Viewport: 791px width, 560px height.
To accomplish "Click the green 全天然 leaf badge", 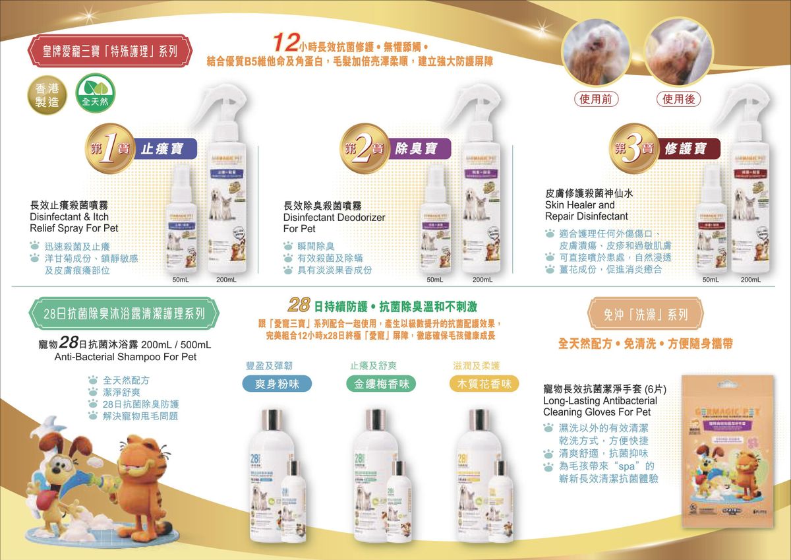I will click(x=95, y=94).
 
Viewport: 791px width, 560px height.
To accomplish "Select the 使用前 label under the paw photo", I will click(x=596, y=100).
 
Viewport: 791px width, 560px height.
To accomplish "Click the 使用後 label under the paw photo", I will click(x=678, y=100).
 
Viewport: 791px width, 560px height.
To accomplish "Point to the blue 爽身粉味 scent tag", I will click(x=274, y=384).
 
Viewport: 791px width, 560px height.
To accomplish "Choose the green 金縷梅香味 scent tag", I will click(x=381, y=384).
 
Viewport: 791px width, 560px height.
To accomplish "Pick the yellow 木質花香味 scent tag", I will click(x=484, y=384).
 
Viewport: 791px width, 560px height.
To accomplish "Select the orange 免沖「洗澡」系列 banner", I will click(x=645, y=314).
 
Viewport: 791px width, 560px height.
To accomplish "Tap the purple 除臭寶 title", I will click(x=419, y=148).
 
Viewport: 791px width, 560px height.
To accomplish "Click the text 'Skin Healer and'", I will click(x=579, y=205).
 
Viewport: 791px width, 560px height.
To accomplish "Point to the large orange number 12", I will click(x=286, y=44).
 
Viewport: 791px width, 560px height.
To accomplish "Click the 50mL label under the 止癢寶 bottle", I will click(x=181, y=280).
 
